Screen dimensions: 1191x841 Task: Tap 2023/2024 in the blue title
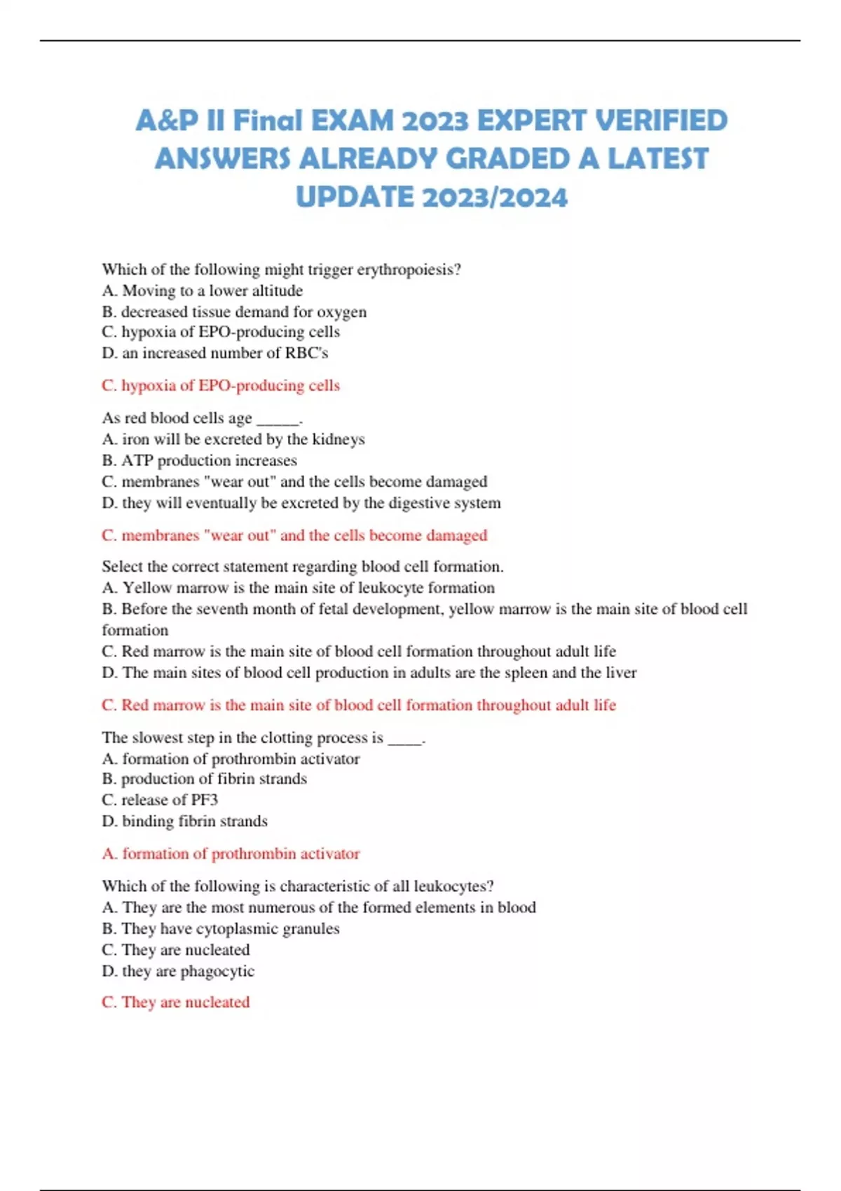[495, 197]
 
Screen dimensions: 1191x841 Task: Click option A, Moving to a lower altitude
[202, 291]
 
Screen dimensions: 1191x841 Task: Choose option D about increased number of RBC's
[214, 353]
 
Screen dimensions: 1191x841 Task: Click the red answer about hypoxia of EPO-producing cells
[220, 385]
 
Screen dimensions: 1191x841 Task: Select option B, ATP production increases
[199, 460]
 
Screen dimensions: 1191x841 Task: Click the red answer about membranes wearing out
[294, 535]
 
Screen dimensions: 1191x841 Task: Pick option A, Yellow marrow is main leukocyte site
[298, 588]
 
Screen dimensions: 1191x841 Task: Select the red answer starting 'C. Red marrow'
[358, 705]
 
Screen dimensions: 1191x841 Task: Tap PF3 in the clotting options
[204, 800]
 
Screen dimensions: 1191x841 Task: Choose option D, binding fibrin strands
[184, 821]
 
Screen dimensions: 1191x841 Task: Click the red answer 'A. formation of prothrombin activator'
[231, 853]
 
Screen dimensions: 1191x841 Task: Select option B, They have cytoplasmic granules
[220, 929]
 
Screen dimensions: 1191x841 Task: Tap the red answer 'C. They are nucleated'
[175, 1003]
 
